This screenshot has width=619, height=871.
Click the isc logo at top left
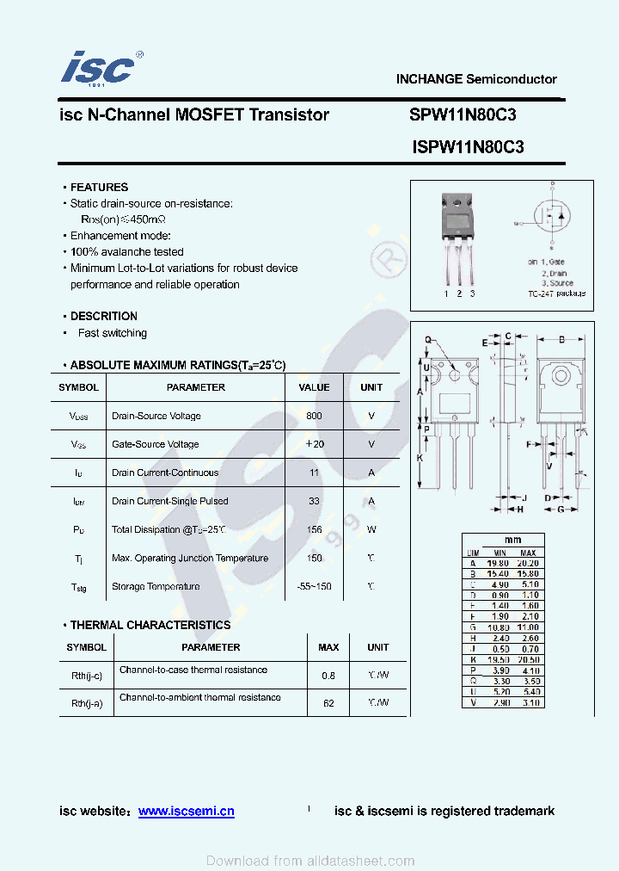[98, 67]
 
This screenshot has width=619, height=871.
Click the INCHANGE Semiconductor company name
[476, 79]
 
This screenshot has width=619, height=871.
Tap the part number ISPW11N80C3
[469, 147]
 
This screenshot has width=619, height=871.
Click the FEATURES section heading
[99, 187]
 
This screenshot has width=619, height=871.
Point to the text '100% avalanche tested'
[126, 252]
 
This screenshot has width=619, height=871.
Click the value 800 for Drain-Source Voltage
[314, 416]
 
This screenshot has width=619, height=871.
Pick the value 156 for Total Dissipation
[314, 530]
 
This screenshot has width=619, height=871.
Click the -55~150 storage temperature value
[314, 587]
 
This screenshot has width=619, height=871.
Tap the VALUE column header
[314, 387]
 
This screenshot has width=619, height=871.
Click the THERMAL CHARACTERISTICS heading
[150, 625]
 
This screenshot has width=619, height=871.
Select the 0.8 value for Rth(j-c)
[328, 676]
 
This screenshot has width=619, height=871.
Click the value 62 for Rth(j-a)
[328, 703]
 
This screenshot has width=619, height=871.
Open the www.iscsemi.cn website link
[186, 811]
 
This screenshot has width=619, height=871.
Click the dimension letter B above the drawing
[561, 340]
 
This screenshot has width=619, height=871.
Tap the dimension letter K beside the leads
[420, 458]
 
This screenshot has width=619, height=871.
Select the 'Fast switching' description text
[112, 333]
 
